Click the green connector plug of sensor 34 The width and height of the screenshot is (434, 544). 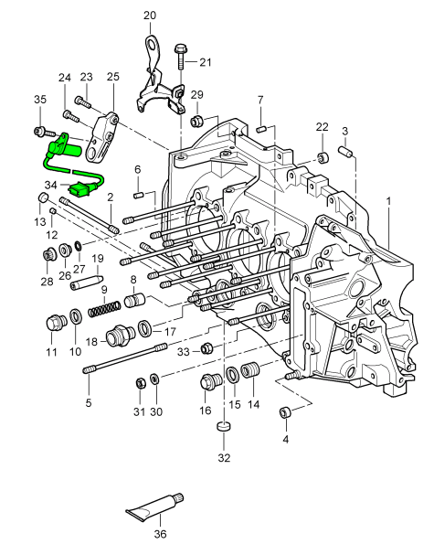click(79, 190)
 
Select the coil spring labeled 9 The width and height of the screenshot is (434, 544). click(105, 309)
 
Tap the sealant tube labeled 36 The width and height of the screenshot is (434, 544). click(155, 507)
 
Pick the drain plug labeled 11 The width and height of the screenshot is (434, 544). click(56, 323)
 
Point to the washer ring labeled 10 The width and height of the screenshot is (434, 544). click(76, 315)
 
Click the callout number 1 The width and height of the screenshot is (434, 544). click(389, 201)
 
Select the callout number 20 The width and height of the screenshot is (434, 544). click(150, 16)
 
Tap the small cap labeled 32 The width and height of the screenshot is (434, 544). click(224, 426)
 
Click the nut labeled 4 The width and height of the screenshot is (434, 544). click(284, 412)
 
